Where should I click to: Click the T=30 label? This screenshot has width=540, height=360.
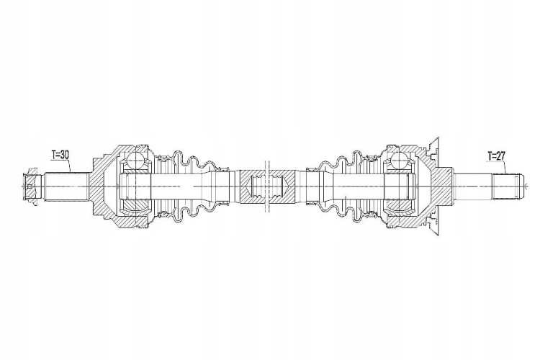click(x=60, y=156)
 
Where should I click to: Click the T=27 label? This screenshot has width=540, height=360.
click(x=496, y=156)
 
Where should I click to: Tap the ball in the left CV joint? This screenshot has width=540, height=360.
click(x=135, y=160)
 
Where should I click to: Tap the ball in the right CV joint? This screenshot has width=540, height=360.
click(x=400, y=160)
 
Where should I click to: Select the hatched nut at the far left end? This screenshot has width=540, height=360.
click(x=30, y=186)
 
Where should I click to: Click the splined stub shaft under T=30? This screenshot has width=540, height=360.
click(x=66, y=186)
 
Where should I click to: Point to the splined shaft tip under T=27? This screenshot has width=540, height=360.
click(x=508, y=186)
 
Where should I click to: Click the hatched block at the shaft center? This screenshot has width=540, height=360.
click(x=267, y=186)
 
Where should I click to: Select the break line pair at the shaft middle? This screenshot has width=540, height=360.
click(x=267, y=186)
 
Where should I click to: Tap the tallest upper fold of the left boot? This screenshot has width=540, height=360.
click(x=179, y=158)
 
